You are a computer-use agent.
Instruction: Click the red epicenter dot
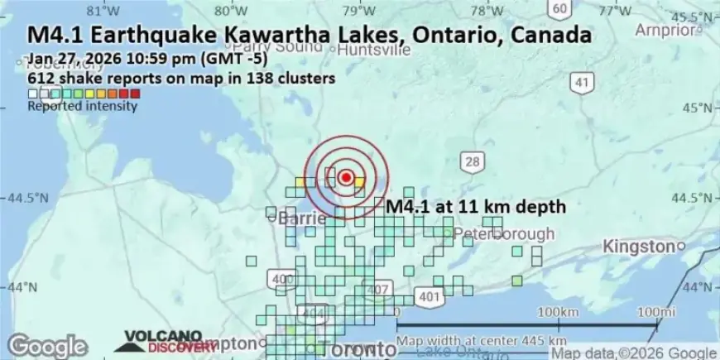click(x=346, y=176)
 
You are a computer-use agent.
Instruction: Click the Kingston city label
click(x=638, y=246)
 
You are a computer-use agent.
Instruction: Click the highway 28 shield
click(x=473, y=163)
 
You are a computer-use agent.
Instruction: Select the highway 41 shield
click(x=583, y=82)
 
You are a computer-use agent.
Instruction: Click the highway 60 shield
click(x=560, y=8)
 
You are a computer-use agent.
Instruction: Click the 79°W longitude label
click(x=358, y=10)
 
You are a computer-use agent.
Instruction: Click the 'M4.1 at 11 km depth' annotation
click(x=476, y=207)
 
